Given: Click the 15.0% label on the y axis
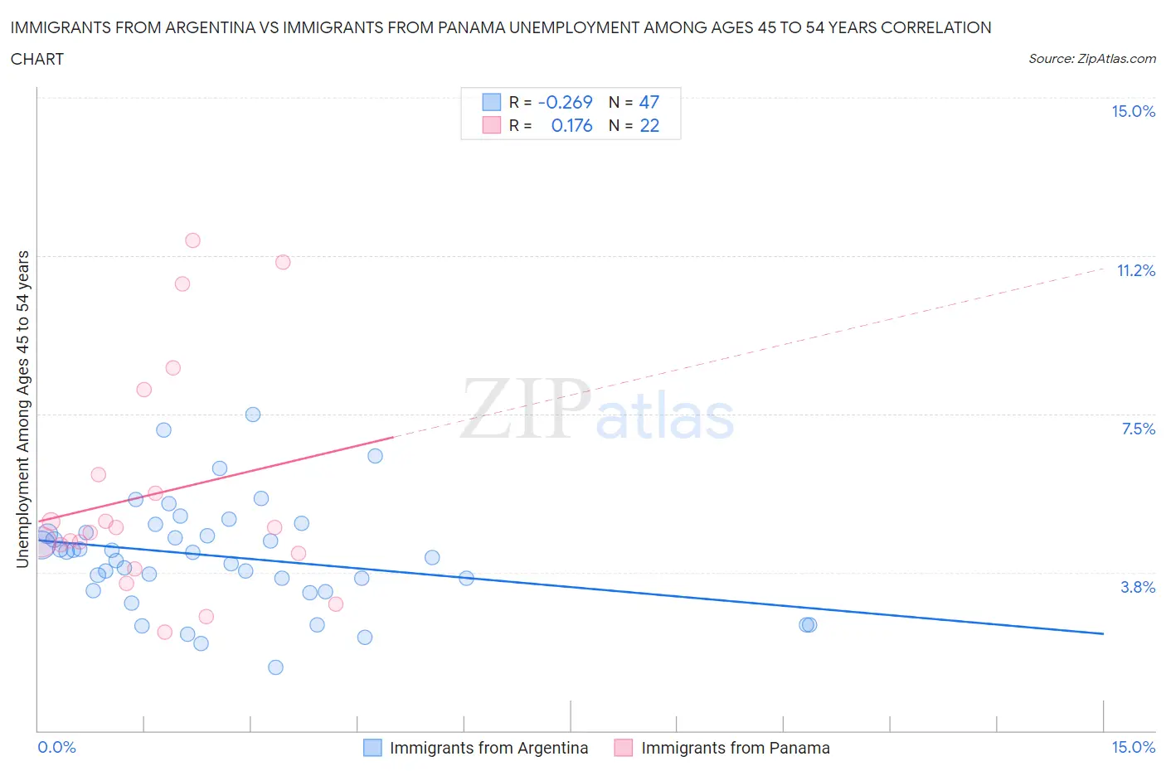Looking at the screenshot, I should [1133, 111].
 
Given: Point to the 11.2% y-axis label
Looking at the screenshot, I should [1135, 270].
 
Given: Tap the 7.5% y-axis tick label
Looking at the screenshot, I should [1138, 429].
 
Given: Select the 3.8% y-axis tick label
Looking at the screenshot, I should [1138, 587].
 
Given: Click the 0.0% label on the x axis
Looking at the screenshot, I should [56, 747].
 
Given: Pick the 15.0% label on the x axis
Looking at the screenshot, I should [1133, 747].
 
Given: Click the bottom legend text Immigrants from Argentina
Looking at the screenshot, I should [488, 748].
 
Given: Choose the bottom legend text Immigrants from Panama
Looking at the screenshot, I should [735, 748].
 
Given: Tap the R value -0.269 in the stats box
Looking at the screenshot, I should [565, 102].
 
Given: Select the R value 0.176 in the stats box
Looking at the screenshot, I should [571, 125].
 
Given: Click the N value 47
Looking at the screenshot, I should [649, 102].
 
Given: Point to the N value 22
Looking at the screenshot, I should [649, 125].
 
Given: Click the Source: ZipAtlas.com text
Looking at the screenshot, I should [1091, 58].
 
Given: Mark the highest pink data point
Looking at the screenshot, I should [192, 240].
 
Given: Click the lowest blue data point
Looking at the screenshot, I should [275, 667].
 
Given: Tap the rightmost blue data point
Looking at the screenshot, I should [809, 624].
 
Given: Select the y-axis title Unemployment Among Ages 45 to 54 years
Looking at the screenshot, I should [22, 409].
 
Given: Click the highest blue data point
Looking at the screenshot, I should [253, 415].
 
